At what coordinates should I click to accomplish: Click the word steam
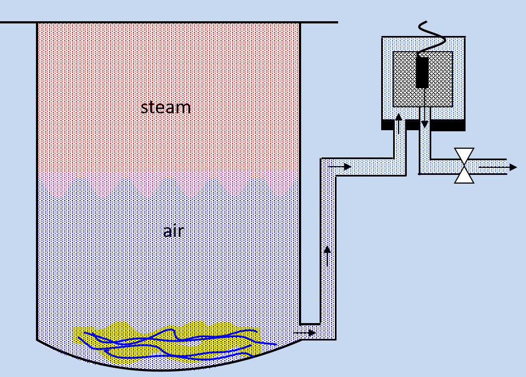(x=166, y=107)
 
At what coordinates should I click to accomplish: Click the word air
(x=173, y=232)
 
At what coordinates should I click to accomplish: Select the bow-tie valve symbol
(x=464, y=166)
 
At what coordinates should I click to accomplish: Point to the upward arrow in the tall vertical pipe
(x=327, y=255)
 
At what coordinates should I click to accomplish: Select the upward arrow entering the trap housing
(x=399, y=124)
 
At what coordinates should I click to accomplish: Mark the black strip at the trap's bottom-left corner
(x=387, y=125)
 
